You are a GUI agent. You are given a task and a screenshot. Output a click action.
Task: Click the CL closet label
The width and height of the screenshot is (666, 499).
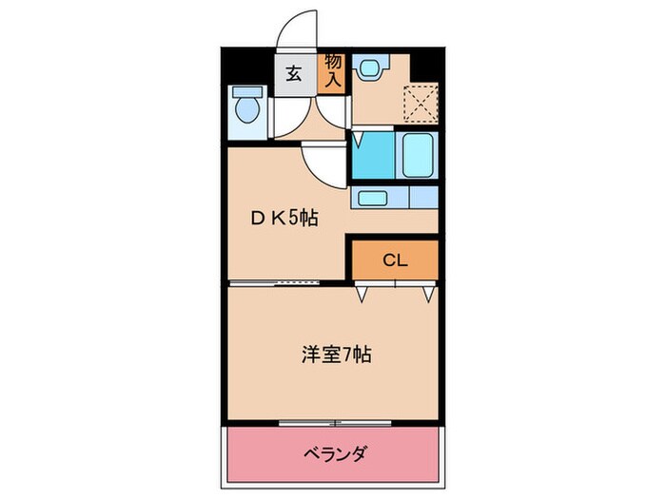point(395,259)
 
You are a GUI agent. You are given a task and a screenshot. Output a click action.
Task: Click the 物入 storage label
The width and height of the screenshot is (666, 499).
point(333,72)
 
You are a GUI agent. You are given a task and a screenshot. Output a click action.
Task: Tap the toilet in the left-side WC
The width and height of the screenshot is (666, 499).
point(246,106)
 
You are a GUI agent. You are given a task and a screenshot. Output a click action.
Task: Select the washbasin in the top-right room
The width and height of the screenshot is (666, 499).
point(368,67)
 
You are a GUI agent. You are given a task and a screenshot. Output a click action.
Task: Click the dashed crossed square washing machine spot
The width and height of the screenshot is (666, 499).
point(417,102)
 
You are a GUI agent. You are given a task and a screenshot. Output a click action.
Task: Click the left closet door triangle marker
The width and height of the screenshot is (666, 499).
point(362,295)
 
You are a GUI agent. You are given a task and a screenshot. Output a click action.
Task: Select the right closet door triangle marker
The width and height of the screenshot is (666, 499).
point(429,295)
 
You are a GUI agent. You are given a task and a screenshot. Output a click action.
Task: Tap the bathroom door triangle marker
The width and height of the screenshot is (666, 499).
point(358,140)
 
